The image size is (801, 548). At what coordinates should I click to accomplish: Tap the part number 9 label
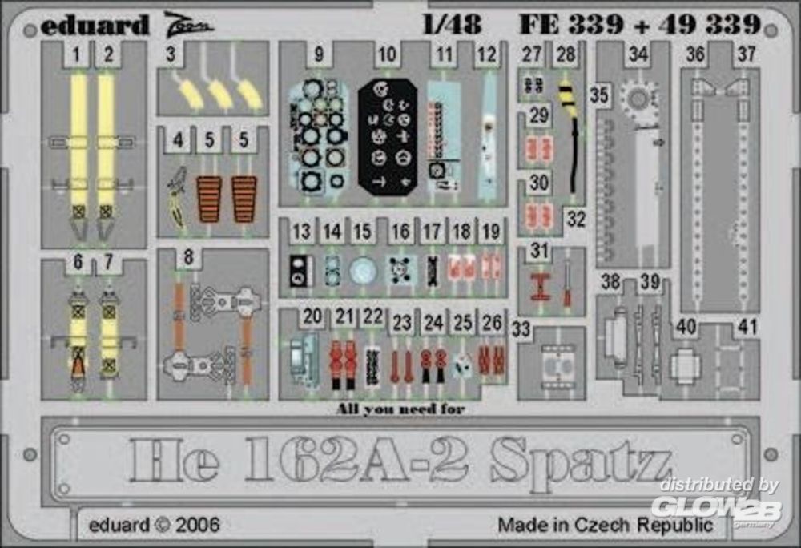click(319, 54)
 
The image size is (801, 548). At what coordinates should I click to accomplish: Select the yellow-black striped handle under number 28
click(566, 94)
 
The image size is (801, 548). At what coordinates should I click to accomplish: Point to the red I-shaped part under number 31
click(539, 287)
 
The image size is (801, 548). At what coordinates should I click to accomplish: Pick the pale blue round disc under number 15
click(363, 271)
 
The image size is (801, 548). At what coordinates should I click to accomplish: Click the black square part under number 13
click(301, 270)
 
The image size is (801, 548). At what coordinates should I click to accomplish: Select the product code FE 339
click(571, 24)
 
